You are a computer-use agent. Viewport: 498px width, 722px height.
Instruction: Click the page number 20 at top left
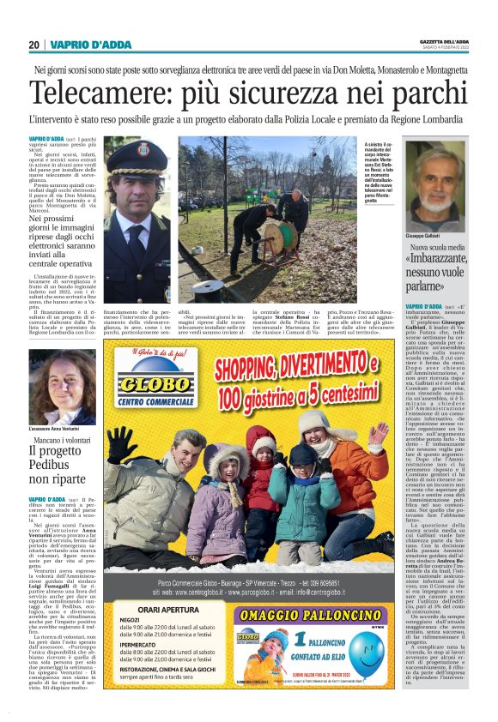pyautogui.click(x=33, y=45)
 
